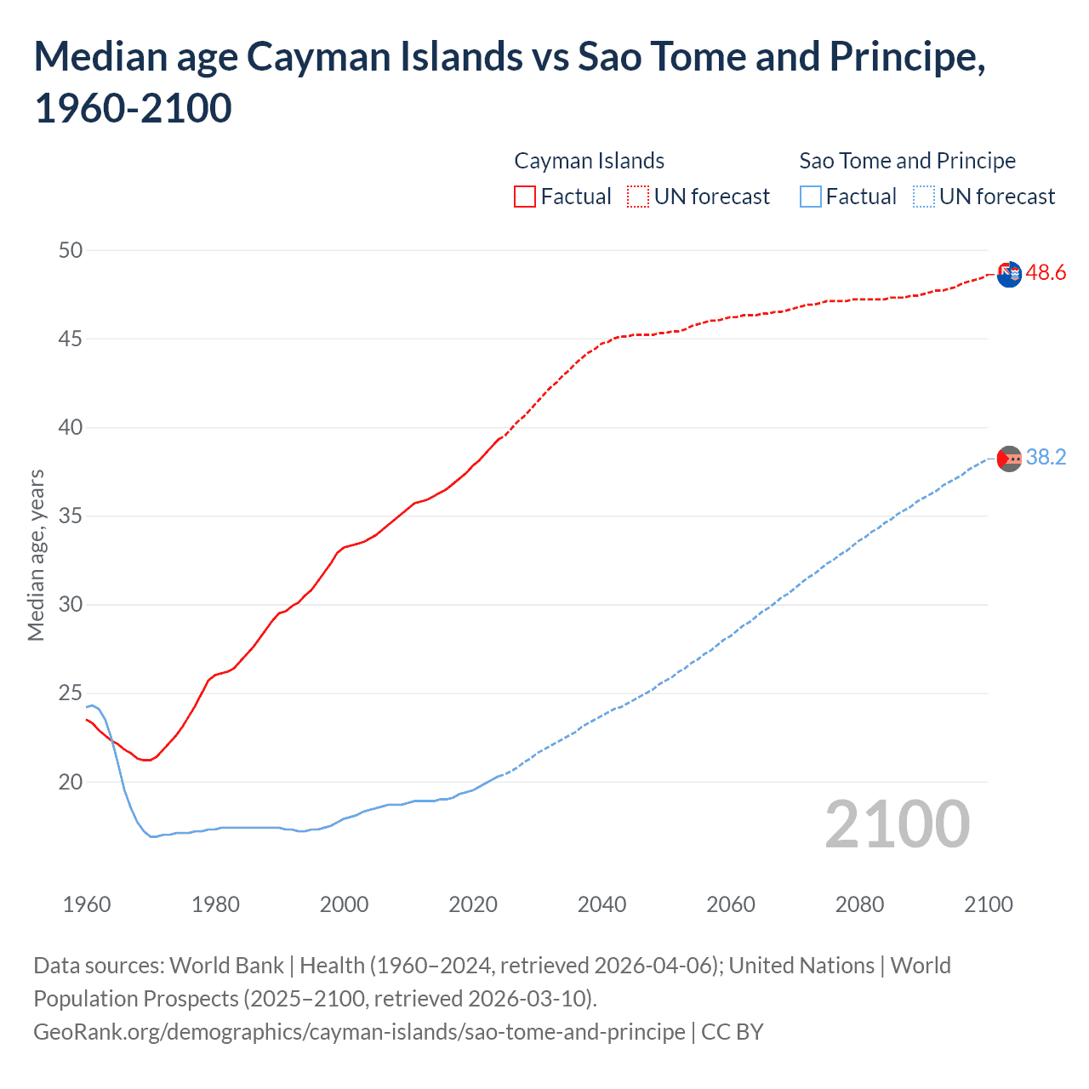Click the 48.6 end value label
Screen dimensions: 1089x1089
click(x=1046, y=272)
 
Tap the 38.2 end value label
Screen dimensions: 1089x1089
click(x=1046, y=458)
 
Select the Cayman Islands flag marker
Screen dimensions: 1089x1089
click(x=1009, y=275)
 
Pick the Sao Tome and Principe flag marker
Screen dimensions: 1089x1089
click(x=1009, y=459)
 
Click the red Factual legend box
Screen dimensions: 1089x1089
click(x=525, y=197)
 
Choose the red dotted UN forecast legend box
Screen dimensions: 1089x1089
click(x=638, y=197)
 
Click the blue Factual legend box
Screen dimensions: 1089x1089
click(x=811, y=197)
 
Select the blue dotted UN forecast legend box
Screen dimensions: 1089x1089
click(x=923, y=197)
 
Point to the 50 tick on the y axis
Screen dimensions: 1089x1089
click(x=71, y=250)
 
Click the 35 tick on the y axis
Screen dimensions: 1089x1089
click(x=71, y=516)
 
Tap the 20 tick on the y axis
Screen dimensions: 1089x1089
click(x=71, y=782)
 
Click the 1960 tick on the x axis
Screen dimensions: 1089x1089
click(x=87, y=904)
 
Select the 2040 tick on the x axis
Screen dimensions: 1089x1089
click(x=602, y=904)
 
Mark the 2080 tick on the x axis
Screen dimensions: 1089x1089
click(x=859, y=904)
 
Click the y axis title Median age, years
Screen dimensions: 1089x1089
click(x=36, y=555)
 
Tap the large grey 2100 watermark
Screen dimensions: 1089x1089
click(x=897, y=824)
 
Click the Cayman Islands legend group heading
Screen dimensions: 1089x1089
click(x=589, y=161)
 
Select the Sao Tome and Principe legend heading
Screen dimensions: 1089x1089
click(x=907, y=161)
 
